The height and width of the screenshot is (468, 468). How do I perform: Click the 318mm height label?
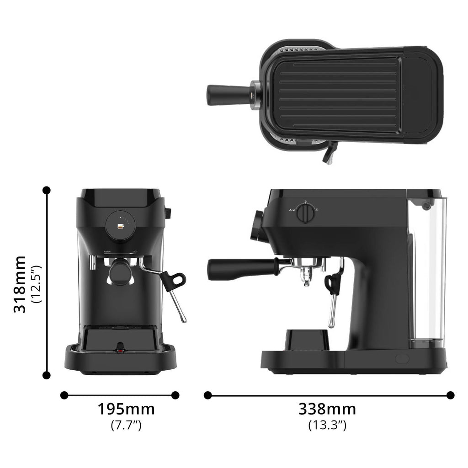[19, 284]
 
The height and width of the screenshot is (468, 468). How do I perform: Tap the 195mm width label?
[126, 409]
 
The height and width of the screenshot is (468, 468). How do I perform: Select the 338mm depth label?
[327, 409]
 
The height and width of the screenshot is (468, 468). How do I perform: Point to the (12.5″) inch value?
[37, 284]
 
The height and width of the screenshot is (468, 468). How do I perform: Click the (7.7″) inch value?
[126, 425]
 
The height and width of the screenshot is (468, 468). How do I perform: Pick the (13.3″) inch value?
[327, 425]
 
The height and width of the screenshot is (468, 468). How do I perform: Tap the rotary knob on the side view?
[305, 213]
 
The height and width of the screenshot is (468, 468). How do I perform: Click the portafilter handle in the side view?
[240, 269]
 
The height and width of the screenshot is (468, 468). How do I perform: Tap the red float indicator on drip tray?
[120, 351]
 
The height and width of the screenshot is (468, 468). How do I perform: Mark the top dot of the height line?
[46, 190]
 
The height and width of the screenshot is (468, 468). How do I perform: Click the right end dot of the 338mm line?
[450, 395]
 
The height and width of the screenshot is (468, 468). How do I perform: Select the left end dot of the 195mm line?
[64, 395]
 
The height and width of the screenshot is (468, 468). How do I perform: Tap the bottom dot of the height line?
[46, 375]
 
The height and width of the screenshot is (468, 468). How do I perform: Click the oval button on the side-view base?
[402, 359]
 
